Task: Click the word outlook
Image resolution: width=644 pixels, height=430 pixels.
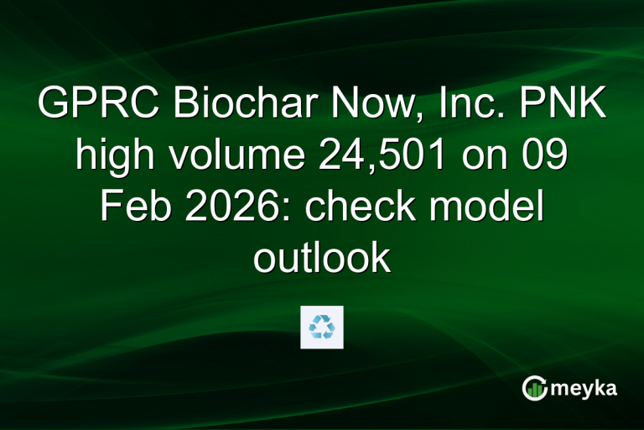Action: [322, 259]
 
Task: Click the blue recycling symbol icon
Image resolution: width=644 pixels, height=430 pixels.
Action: [322, 327]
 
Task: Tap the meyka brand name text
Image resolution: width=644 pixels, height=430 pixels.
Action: [587, 388]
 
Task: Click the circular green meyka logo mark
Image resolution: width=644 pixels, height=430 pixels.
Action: [534, 388]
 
